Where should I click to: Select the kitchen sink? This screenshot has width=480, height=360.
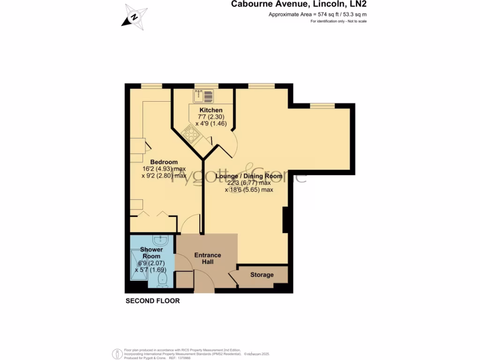(x=203, y=96)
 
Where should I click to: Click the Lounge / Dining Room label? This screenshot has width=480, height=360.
(x=249, y=176)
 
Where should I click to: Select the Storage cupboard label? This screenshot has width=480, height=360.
(x=262, y=275)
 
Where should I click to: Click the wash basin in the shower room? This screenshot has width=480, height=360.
(x=160, y=240)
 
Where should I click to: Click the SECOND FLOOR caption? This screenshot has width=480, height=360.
(x=152, y=301)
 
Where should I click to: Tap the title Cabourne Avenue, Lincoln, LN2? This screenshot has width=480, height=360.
(x=299, y=5)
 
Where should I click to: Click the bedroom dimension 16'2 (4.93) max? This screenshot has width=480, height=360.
(x=164, y=169)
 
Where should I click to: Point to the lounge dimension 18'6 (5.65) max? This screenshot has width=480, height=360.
(x=249, y=190)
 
